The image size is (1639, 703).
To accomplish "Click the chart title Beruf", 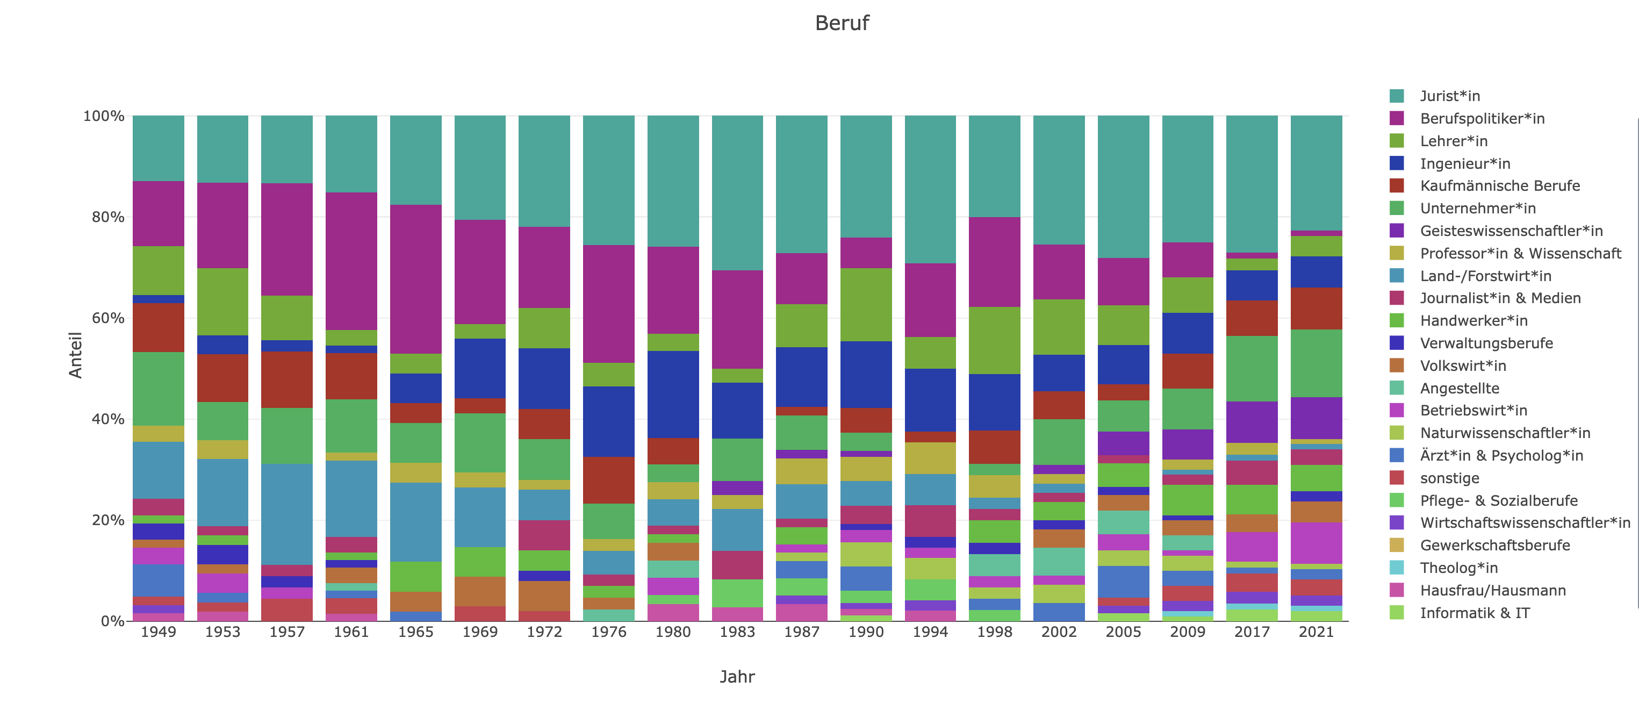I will click(x=841, y=24).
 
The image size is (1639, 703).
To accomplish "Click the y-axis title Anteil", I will click(x=76, y=355).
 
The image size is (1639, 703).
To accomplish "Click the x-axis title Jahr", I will click(x=737, y=676).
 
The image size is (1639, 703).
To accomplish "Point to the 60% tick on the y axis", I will click(x=107, y=318).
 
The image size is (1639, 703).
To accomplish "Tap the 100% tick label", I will click(x=104, y=116).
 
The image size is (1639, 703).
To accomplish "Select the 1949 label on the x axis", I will click(x=159, y=632).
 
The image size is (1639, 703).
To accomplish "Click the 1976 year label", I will click(x=608, y=632).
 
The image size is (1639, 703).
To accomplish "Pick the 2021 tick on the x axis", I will click(x=1316, y=632).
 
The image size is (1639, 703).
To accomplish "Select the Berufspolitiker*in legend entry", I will click(x=1482, y=118).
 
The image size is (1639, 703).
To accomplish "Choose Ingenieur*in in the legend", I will click(x=1465, y=163).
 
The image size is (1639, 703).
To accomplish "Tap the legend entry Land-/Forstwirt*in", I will click(x=1485, y=276).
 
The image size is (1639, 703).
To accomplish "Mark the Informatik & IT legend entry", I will click(x=1474, y=613).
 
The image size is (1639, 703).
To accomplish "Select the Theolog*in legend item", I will click(x=1458, y=568).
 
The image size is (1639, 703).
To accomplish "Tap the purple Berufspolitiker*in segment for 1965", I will click(x=415, y=278).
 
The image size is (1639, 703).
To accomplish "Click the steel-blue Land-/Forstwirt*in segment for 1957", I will click(x=287, y=514).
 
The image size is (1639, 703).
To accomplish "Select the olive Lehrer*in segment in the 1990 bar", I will click(x=866, y=304).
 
